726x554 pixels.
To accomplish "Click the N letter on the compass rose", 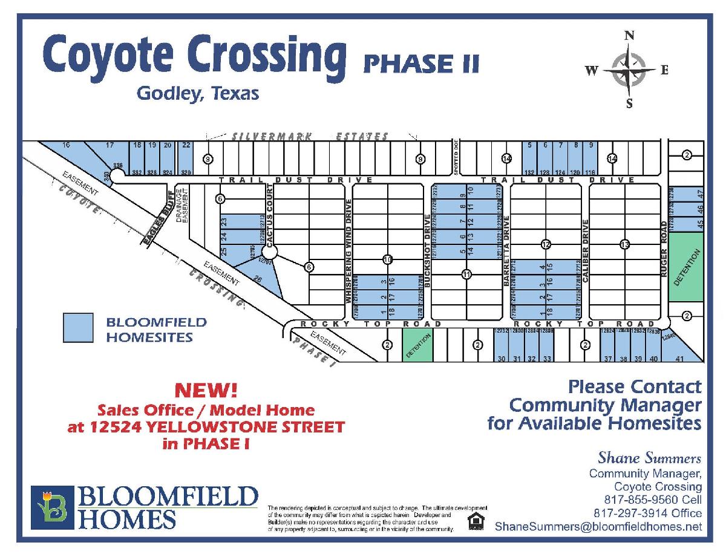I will click(x=629, y=36).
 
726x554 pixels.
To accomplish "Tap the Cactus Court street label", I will click(x=270, y=215).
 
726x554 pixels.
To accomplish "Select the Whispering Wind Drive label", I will click(x=348, y=250).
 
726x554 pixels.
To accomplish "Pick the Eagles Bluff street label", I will click(x=158, y=218).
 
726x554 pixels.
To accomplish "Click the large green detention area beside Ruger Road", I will click(x=685, y=267).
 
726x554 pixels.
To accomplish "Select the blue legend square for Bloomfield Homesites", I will click(x=78, y=327).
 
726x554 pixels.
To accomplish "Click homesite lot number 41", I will click(x=679, y=359).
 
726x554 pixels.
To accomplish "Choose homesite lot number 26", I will click(x=257, y=279).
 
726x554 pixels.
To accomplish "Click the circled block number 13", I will click(x=625, y=244).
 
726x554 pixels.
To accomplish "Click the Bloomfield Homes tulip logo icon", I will click(x=53, y=507).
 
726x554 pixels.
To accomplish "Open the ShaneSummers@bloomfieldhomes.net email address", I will click(x=598, y=527).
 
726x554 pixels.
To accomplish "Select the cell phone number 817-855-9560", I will click(x=653, y=500).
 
